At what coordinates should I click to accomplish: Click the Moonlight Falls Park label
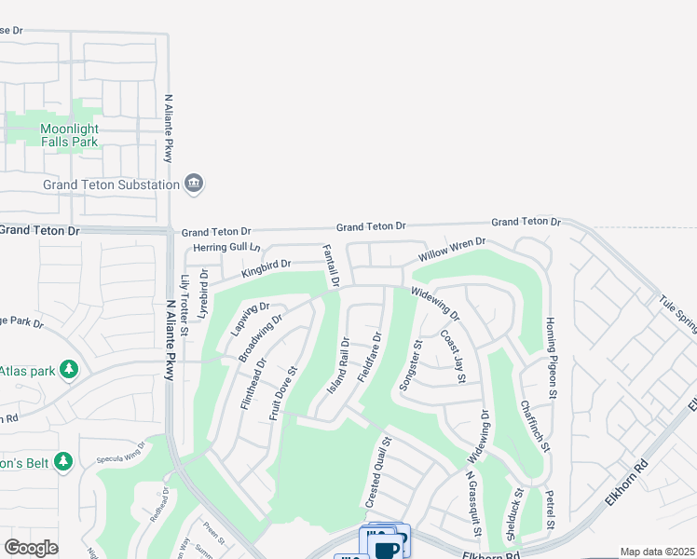pyautogui.click(x=69, y=135)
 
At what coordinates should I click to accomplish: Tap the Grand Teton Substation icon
pyautogui.click(x=194, y=183)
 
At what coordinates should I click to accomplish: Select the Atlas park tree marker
pyautogui.click(x=68, y=371)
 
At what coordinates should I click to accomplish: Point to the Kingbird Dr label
pyautogui.click(x=266, y=267)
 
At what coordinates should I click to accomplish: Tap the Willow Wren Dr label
pyautogui.click(x=452, y=249)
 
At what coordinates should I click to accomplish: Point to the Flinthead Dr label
pyautogui.click(x=253, y=384)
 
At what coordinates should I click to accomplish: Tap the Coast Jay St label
pyautogui.click(x=453, y=355)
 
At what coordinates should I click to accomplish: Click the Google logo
pyautogui.click(x=31, y=547)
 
